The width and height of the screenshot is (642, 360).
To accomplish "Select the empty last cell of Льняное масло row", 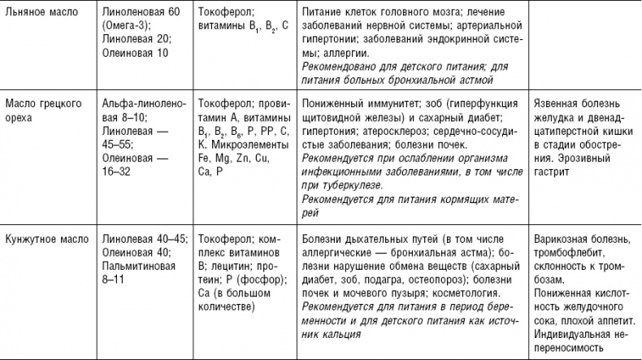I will pos(582,45).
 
